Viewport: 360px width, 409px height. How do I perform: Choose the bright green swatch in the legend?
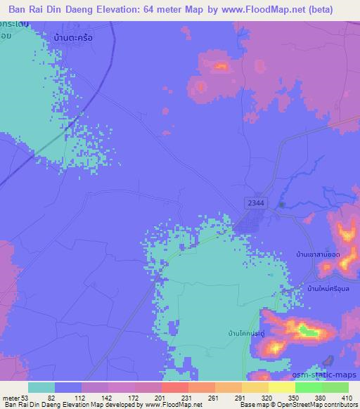309,387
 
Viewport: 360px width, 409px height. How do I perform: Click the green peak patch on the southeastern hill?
304,329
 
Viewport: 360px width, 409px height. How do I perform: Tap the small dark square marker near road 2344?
281,204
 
